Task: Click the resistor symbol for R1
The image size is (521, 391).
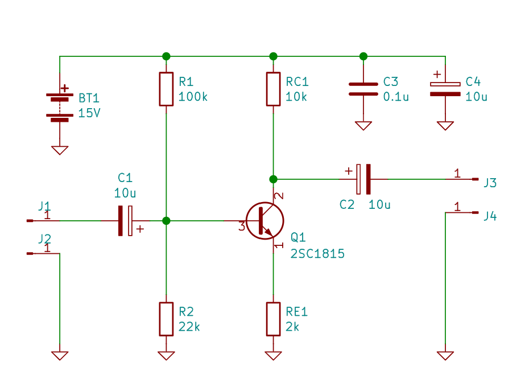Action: click(x=166, y=89)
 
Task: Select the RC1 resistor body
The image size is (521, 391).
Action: click(x=273, y=89)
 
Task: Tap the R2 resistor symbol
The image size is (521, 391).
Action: click(x=166, y=319)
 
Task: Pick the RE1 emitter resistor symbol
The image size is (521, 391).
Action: click(x=273, y=319)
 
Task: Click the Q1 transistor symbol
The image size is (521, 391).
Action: click(x=264, y=220)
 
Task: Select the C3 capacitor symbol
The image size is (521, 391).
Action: click(x=363, y=89)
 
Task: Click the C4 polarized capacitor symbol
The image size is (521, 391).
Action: click(x=445, y=89)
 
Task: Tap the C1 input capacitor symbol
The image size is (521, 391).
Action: click(x=125, y=220)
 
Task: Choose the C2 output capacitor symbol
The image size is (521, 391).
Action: click(x=363, y=179)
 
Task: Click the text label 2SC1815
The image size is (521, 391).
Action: click(x=317, y=254)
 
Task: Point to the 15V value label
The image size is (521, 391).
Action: click(x=89, y=113)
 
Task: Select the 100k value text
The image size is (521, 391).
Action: click(x=193, y=97)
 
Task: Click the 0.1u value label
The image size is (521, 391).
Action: click(x=396, y=97)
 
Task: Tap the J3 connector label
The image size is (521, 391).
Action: click(x=490, y=183)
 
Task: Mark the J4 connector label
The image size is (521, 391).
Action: click(x=490, y=216)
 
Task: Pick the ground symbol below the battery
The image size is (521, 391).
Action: click(x=60, y=150)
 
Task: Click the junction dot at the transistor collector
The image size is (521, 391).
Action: click(x=273, y=179)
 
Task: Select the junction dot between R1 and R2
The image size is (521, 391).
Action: click(x=166, y=220)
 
